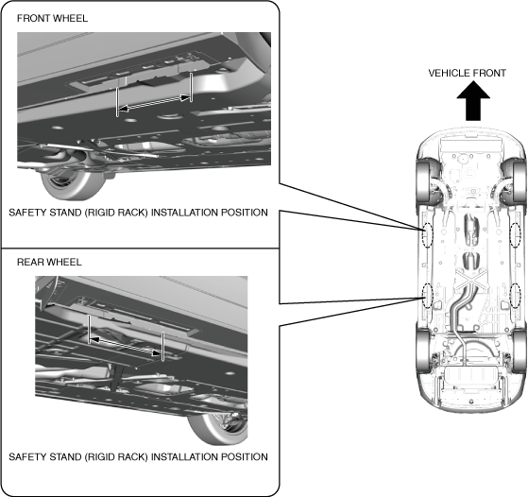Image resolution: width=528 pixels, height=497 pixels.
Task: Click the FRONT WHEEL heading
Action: [x=52, y=18]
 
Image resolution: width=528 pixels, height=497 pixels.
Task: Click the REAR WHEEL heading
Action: [x=49, y=262]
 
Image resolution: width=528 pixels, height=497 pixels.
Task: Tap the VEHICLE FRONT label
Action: [x=467, y=73]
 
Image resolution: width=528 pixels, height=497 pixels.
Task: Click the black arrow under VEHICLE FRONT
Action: [x=473, y=102]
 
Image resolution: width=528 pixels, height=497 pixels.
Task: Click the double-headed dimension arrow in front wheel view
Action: [x=154, y=103]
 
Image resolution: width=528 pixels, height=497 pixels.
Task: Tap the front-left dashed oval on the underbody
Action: [x=427, y=235]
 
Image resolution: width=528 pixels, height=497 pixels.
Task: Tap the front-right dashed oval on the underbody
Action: [x=516, y=235]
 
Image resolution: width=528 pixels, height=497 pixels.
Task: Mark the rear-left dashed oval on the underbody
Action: [x=427, y=296]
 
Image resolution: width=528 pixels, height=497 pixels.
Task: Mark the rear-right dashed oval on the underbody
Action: [x=516, y=296]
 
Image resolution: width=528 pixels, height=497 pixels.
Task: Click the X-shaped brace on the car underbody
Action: [x=471, y=281]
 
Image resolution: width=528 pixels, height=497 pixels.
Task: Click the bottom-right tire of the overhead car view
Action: [x=519, y=351]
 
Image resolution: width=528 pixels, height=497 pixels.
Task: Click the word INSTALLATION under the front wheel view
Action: [x=184, y=213]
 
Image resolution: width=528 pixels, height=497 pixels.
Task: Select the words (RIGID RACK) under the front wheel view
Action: [x=116, y=213]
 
